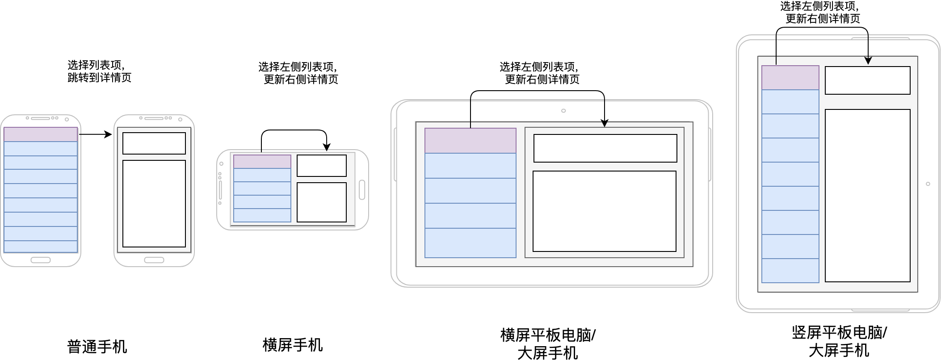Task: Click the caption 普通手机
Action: click(x=97, y=347)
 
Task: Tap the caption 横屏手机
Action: click(x=292, y=345)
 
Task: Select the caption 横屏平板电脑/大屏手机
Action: click(x=548, y=343)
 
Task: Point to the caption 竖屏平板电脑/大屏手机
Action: click(x=839, y=341)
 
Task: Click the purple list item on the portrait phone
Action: click(x=41, y=134)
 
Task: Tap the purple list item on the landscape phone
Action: click(x=262, y=161)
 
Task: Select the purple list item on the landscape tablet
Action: click(x=470, y=141)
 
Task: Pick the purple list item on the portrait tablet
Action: click(x=790, y=78)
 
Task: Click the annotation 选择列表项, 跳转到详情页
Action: click(x=99, y=71)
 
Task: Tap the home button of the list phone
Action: click(x=41, y=260)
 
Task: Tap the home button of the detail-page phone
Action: click(x=154, y=260)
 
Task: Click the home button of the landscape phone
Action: click(x=362, y=190)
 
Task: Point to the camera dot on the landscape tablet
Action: click(x=563, y=111)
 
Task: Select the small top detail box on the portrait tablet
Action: click(x=867, y=80)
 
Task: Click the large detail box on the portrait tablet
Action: click(x=867, y=196)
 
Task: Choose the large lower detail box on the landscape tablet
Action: click(x=604, y=211)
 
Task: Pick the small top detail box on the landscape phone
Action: click(x=322, y=166)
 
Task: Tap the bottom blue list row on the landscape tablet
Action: click(x=470, y=243)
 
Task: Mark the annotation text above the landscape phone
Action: click(x=298, y=73)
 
